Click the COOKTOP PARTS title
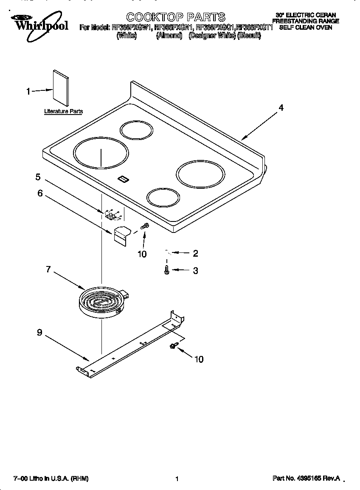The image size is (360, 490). pyautogui.click(x=176, y=17)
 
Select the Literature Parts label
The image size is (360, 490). pyautogui.click(x=64, y=112)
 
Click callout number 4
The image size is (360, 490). pyautogui.click(x=281, y=108)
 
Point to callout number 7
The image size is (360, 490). pyautogui.click(x=48, y=269)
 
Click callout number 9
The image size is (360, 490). pyautogui.click(x=39, y=333)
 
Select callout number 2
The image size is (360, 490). pyautogui.click(x=195, y=254)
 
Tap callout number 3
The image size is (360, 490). pyautogui.click(x=195, y=271)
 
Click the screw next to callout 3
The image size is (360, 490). pyautogui.click(x=167, y=270)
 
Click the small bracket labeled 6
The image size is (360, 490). pyautogui.click(x=122, y=236)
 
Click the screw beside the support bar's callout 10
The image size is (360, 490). pyautogui.click(x=173, y=346)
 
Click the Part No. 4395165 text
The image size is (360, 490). pyautogui.click(x=306, y=479)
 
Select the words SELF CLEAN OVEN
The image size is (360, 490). pyautogui.click(x=305, y=27)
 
